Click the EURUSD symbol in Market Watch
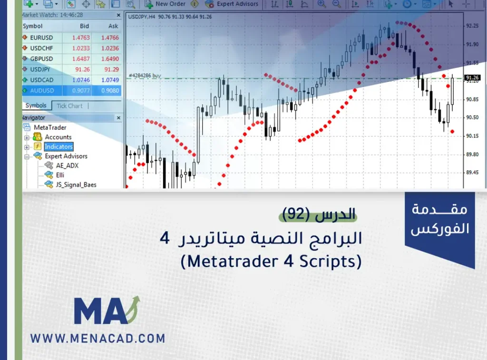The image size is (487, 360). pyautogui.click(x=41, y=38)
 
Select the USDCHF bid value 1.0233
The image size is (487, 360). pyautogui.click(x=81, y=48)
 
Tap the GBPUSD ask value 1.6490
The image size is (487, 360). pyautogui.click(x=110, y=58)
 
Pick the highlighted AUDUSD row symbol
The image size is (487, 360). pyautogui.click(x=41, y=90)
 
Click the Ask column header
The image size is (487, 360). pyautogui.click(x=113, y=26)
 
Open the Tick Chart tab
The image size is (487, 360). pyautogui.click(x=69, y=106)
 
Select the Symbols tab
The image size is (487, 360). pyautogui.click(x=36, y=106)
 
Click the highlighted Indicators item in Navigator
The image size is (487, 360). pyautogui.click(x=58, y=146)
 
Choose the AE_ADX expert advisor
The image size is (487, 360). pyautogui.click(x=67, y=165)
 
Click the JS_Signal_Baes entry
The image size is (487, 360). pyautogui.click(x=76, y=185)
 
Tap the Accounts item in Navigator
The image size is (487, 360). pyautogui.click(x=58, y=137)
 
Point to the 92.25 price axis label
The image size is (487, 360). pyautogui.click(x=472, y=26)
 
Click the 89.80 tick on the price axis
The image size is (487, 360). pyautogui.click(x=472, y=155)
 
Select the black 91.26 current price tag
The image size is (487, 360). pyautogui.click(x=472, y=78)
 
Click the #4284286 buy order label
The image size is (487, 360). pyautogui.click(x=145, y=75)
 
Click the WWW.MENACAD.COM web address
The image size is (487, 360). pyautogui.click(x=97, y=339)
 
